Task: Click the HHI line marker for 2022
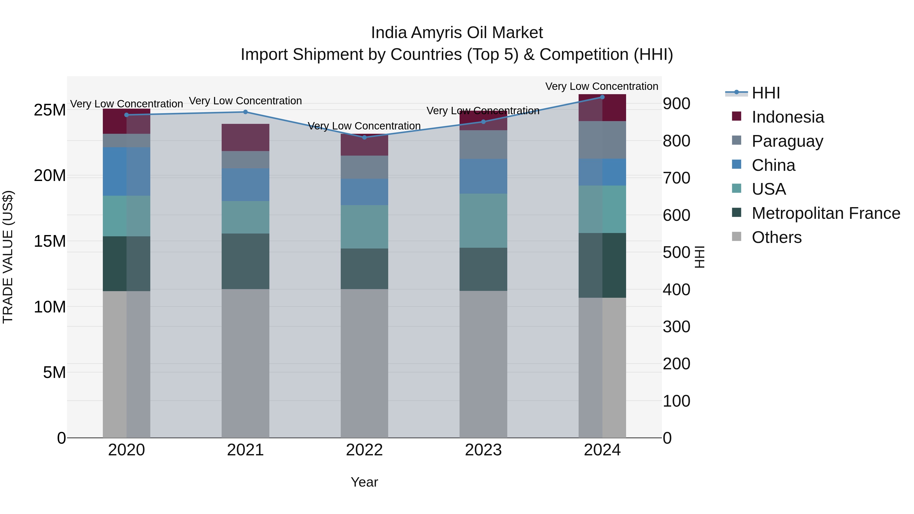click(364, 137)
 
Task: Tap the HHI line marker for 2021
click(245, 112)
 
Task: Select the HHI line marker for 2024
click(602, 97)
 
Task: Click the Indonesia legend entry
click(787, 117)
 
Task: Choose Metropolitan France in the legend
click(826, 213)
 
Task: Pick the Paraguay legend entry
click(787, 141)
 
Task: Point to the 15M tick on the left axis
click(50, 241)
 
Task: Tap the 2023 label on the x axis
click(483, 450)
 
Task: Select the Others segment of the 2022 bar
click(364, 363)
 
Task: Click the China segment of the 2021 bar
click(245, 185)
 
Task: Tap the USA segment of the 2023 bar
click(483, 221)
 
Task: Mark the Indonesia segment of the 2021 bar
click(245, 138)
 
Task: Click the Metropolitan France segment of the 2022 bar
click(364, 269)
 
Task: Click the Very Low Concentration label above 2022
click(364, 126)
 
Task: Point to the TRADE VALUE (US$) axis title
click(8, 257)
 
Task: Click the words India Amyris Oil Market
click(457, 33)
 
